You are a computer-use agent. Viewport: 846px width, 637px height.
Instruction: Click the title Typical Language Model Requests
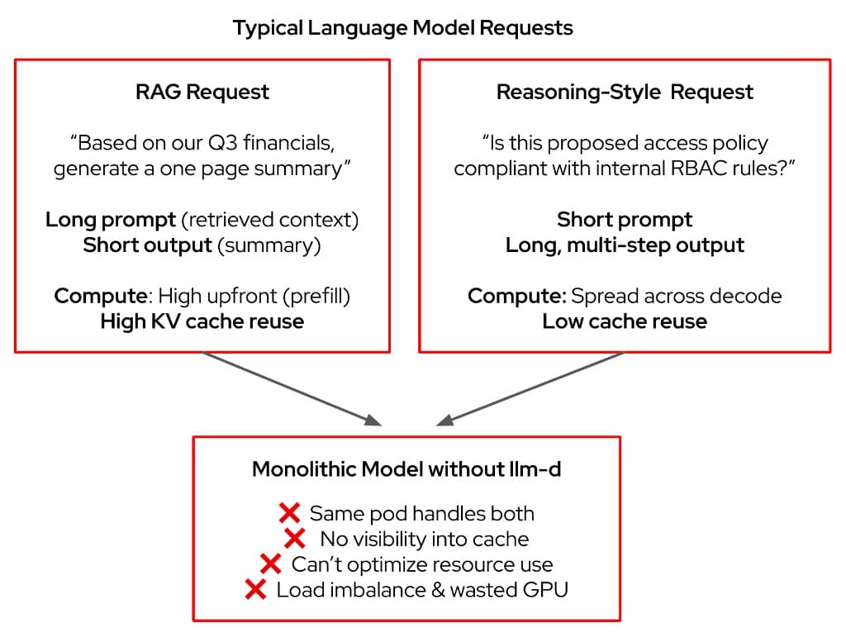[x=402, y=27]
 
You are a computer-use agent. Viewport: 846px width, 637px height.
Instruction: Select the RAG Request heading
[x=202, y=92]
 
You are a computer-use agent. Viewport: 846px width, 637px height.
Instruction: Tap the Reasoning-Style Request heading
[x=625, y=92]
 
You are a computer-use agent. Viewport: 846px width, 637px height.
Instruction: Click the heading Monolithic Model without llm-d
[x=406, y=469]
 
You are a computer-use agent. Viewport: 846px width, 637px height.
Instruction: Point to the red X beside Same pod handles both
[x=289, y=513]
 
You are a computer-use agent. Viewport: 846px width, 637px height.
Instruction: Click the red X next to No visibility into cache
[x=295, y=540]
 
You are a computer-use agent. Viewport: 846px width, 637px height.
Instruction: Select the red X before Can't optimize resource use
[x=270, y=564]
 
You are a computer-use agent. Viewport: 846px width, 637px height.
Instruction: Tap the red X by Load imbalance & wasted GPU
[x=256, y=590]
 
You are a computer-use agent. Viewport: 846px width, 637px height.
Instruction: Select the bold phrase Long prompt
[x=111, y=220]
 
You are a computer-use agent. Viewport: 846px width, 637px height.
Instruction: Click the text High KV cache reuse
[x=202, y=321]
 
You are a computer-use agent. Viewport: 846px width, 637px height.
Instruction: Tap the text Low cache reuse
[x=625, y=321]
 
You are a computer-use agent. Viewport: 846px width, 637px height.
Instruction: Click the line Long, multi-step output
[x=625, y=245]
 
